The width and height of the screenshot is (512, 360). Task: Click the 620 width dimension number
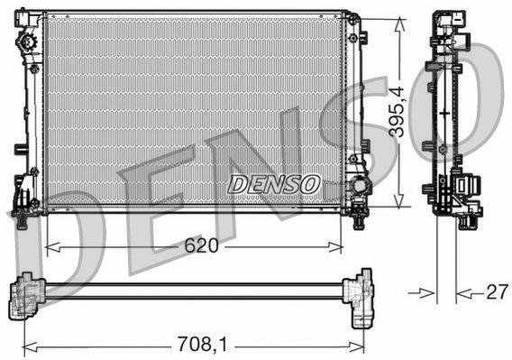click(201, 245)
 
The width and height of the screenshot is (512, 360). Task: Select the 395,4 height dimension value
click(397, 112)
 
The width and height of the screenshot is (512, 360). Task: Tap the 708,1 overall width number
click(202, 345)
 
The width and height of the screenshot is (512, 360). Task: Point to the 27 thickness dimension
click(498, 292)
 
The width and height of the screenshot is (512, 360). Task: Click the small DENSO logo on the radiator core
click(274, 184)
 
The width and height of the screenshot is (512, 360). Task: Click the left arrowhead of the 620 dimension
click(52, 247)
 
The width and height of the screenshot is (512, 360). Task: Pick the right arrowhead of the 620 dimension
click(335, 247)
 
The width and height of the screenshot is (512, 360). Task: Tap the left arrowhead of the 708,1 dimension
click(30, 347)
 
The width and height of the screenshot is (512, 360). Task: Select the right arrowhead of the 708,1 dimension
click(356, 347)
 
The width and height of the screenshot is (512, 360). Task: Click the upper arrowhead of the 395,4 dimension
click(399, 25)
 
